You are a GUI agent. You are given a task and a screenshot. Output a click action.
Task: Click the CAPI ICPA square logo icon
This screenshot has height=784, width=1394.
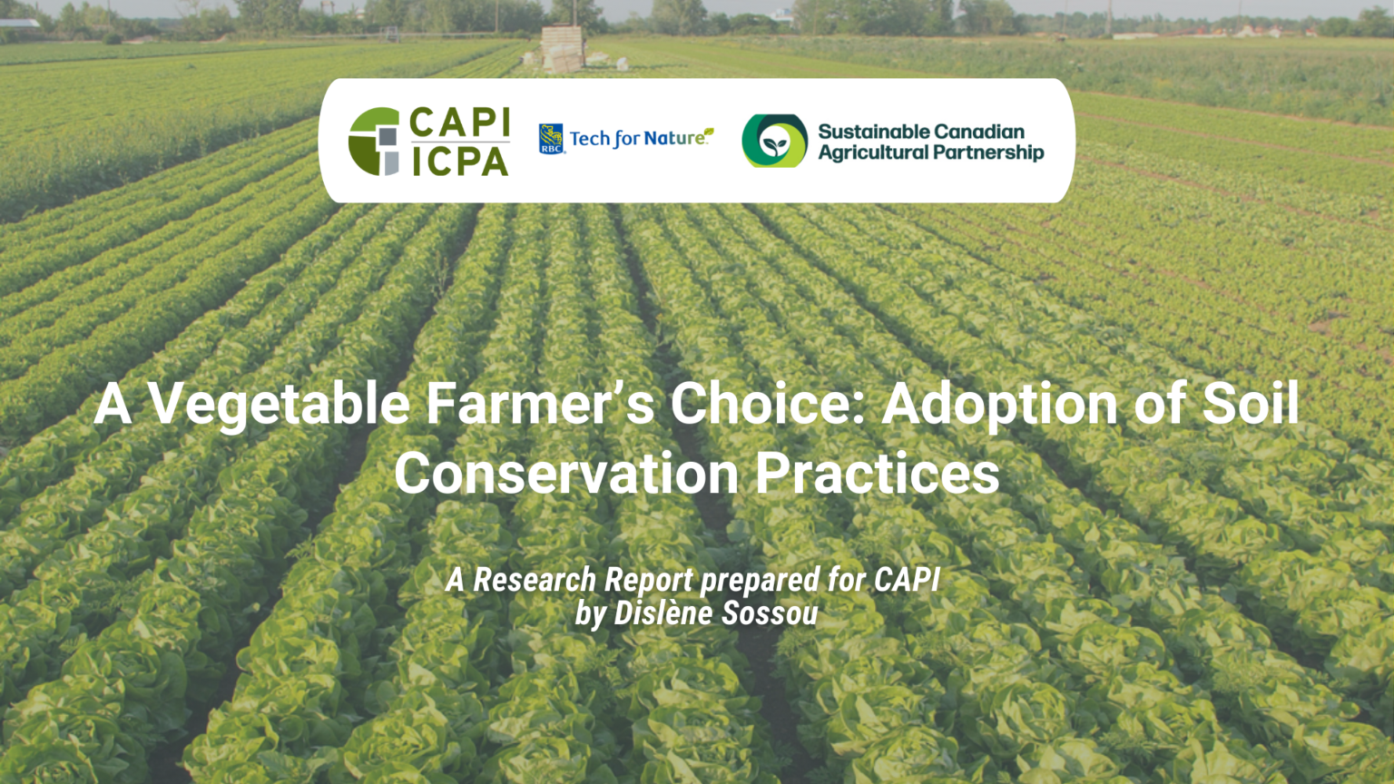(x=374, y=142)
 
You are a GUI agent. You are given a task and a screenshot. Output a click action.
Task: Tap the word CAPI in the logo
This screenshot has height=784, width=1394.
(x=459, y=122)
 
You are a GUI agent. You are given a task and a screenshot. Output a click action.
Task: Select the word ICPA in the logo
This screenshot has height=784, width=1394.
(x=459, y=162)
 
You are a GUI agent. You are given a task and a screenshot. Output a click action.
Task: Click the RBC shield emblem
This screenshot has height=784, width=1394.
(x=551, y=139)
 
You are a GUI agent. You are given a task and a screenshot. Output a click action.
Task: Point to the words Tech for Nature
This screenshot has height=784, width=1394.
(x=639, y=138)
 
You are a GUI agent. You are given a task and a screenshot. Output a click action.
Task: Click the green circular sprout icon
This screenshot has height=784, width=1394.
(x=774, y=141)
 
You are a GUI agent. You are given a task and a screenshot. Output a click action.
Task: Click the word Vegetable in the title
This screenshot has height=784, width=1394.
(x=280, y=404)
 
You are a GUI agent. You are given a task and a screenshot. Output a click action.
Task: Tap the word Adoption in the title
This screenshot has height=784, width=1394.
(x=999, y=404)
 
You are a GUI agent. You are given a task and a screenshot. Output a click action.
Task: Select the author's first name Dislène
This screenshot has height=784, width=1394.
(x=663, y=613)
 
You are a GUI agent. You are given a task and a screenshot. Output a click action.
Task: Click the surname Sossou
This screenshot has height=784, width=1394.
(x=769, y=613)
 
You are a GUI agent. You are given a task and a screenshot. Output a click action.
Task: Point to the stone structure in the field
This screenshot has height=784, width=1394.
(x=563, y=48)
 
